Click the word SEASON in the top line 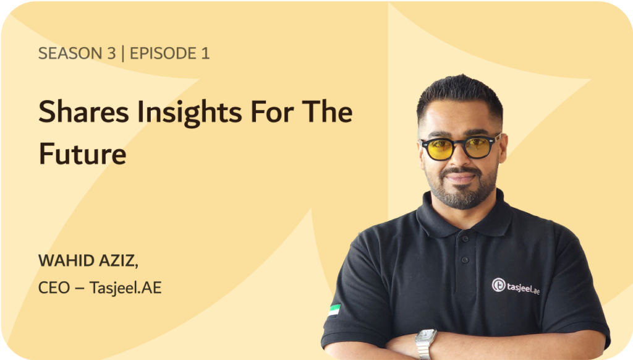point(70,53)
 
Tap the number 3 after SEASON point(111,53)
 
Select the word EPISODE point(163,53)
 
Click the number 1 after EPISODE point(205,53)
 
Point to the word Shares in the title point(83,111)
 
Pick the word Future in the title point(83,153)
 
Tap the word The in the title point(328,111)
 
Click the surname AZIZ point(119,261)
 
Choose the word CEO point(54,288)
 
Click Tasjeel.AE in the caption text point(125,288)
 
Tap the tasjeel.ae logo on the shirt point(516,286)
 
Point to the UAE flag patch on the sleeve point(334,311)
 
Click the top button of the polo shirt point(465,239)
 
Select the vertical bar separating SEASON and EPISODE point(123,53)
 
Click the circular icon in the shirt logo point(499,285)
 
